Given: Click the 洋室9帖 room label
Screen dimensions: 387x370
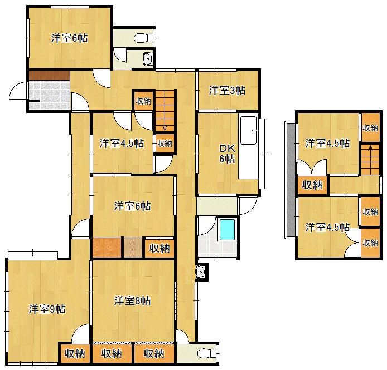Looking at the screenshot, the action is [x=47, y=309].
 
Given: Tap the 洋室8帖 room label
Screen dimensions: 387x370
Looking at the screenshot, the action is [x=132, y=301].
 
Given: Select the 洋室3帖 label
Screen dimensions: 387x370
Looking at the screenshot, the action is [x=227, y=91].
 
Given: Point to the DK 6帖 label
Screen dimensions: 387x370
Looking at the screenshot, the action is [x=227, y=154].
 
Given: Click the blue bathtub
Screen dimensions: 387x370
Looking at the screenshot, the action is [x=227, y=230].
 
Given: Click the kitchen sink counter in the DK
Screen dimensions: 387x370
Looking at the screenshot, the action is [x=249, y=147].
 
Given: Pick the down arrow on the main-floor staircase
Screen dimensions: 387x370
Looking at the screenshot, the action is [x=165, y=126].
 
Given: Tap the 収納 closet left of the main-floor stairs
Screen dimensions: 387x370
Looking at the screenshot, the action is [x=143, y=101].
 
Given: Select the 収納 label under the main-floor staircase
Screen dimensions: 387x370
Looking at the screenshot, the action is [x=165, y=143].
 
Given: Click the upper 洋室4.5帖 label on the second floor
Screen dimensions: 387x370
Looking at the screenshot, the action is [x=327, y=143].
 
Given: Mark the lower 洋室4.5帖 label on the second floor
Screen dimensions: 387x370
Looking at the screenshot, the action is [x=327, y=227].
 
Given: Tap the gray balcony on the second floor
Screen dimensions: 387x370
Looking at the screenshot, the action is [x=291, y=180].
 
